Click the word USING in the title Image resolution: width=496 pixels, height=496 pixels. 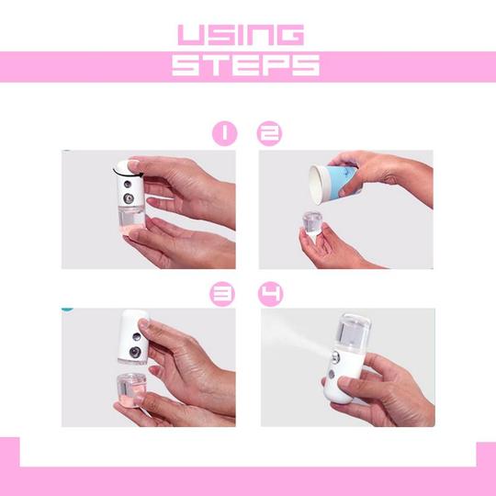pos(241,35)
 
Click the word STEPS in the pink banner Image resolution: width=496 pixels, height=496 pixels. pos(245,65)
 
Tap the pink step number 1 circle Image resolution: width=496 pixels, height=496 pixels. pos(225,133)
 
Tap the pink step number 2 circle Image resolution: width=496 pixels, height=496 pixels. pos(269,133)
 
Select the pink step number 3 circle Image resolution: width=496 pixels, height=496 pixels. pos(222,294)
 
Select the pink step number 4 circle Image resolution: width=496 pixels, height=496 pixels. pos(271,294)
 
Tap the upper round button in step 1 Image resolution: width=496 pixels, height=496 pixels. pos(128,184)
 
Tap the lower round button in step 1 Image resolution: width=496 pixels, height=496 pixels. pos(128,199)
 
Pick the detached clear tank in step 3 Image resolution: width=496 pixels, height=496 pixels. pos(131,391)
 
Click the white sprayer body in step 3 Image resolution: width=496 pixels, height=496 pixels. pos(133,336)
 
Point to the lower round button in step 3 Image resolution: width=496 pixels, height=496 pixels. pos(135,352)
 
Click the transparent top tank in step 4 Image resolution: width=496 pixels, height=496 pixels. pos(353,333)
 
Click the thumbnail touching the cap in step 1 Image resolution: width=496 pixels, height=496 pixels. pos(134,164)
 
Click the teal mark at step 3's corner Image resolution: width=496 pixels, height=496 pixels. pos(67,308)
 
